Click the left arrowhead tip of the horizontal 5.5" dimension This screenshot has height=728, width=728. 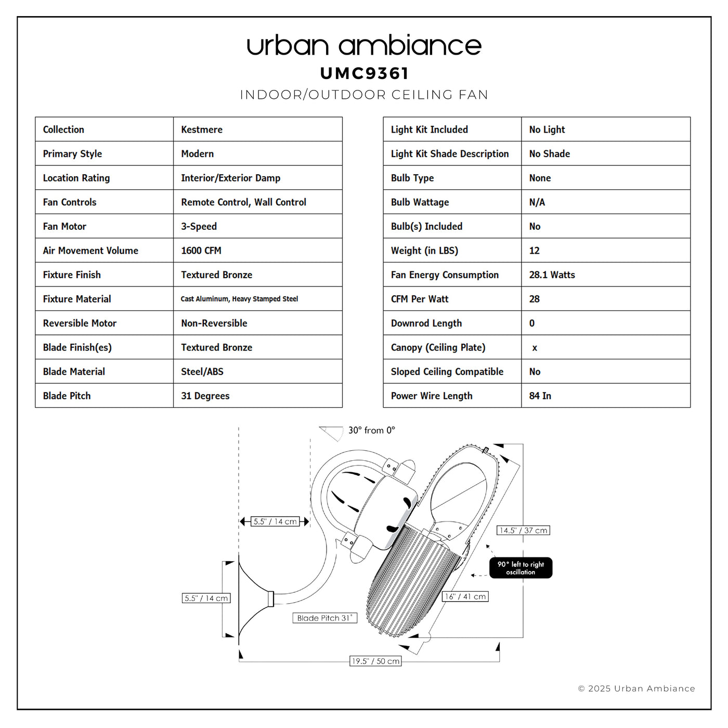tap(240, 522)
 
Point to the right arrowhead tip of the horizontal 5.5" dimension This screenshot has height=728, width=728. tap(310, 522)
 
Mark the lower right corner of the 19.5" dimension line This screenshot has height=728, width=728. tap(499, 661)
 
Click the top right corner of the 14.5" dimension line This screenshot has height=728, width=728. tap(523, 444)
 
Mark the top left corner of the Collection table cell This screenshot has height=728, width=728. tap(35, 117)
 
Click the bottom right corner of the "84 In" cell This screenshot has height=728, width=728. tap(690, 407)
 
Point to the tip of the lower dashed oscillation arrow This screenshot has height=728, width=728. tap(471, 575)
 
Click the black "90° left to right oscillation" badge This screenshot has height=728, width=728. tap(521, 568)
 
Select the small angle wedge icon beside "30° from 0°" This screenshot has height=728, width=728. tap(331, 433)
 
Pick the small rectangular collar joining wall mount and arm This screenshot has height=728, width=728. tap(270, 599)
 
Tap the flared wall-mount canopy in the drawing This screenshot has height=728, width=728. tap(253, 599)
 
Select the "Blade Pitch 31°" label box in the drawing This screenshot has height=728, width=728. tap(325, 618)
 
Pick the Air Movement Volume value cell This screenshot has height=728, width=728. tap(258, 250)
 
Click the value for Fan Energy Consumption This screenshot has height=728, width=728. tap(552, 275)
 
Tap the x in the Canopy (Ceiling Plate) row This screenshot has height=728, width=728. tap(535, 348)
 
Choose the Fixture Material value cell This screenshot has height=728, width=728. tap(258, 298)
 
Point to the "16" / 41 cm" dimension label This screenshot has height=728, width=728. tap(465, 596)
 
